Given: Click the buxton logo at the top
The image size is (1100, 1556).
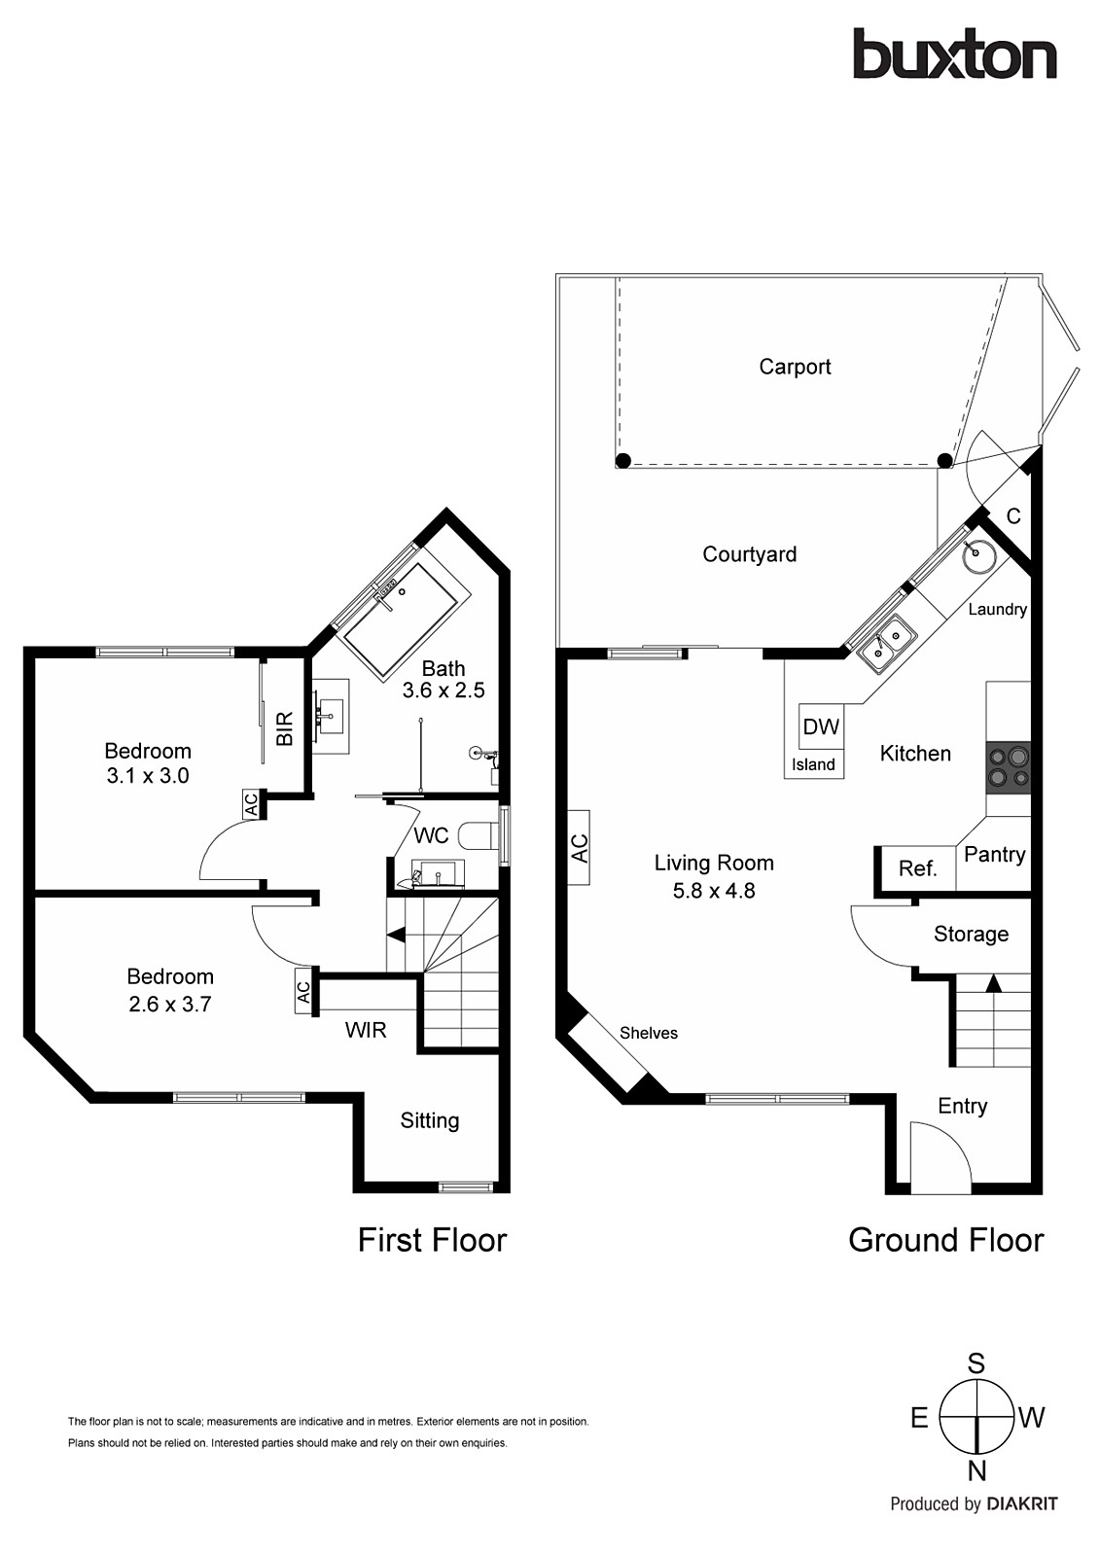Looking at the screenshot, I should coord(954,54).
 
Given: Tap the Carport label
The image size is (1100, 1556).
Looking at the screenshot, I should coord(795,367).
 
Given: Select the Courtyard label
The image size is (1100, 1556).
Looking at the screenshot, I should coord(749,554).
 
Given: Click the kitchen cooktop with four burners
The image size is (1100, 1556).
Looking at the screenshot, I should coord(1008,765).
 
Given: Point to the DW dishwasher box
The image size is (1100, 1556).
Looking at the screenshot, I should coord(821,726).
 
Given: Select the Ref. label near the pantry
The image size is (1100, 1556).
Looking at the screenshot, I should coord(917,868).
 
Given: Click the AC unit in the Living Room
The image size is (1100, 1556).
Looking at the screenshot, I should coord(580,847).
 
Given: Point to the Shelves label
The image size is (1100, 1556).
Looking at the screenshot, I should coord(648,1033).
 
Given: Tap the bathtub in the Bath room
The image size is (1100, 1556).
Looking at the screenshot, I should coord(403,619).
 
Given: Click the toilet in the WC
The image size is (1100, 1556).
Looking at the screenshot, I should coord(479,837).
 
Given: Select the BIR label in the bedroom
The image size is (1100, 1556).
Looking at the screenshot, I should coord(285,728).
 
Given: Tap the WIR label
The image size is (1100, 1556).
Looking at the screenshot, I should coord(366,1030).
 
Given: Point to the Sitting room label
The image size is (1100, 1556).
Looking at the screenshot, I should coord(429,1120).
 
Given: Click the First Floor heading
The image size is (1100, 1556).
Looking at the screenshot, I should coord(432,1240).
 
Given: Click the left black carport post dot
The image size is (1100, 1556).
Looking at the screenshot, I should coord(623,460).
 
